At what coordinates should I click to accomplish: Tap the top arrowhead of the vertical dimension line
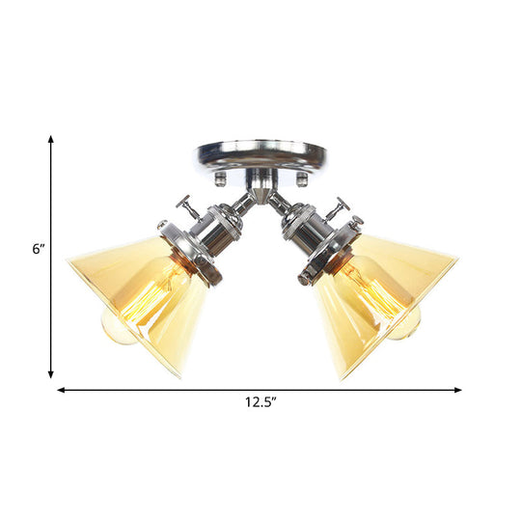[x=51, y=140]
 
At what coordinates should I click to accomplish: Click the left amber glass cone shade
[x=135, y=299]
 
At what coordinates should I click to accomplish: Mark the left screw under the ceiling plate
[x=219, y=179]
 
